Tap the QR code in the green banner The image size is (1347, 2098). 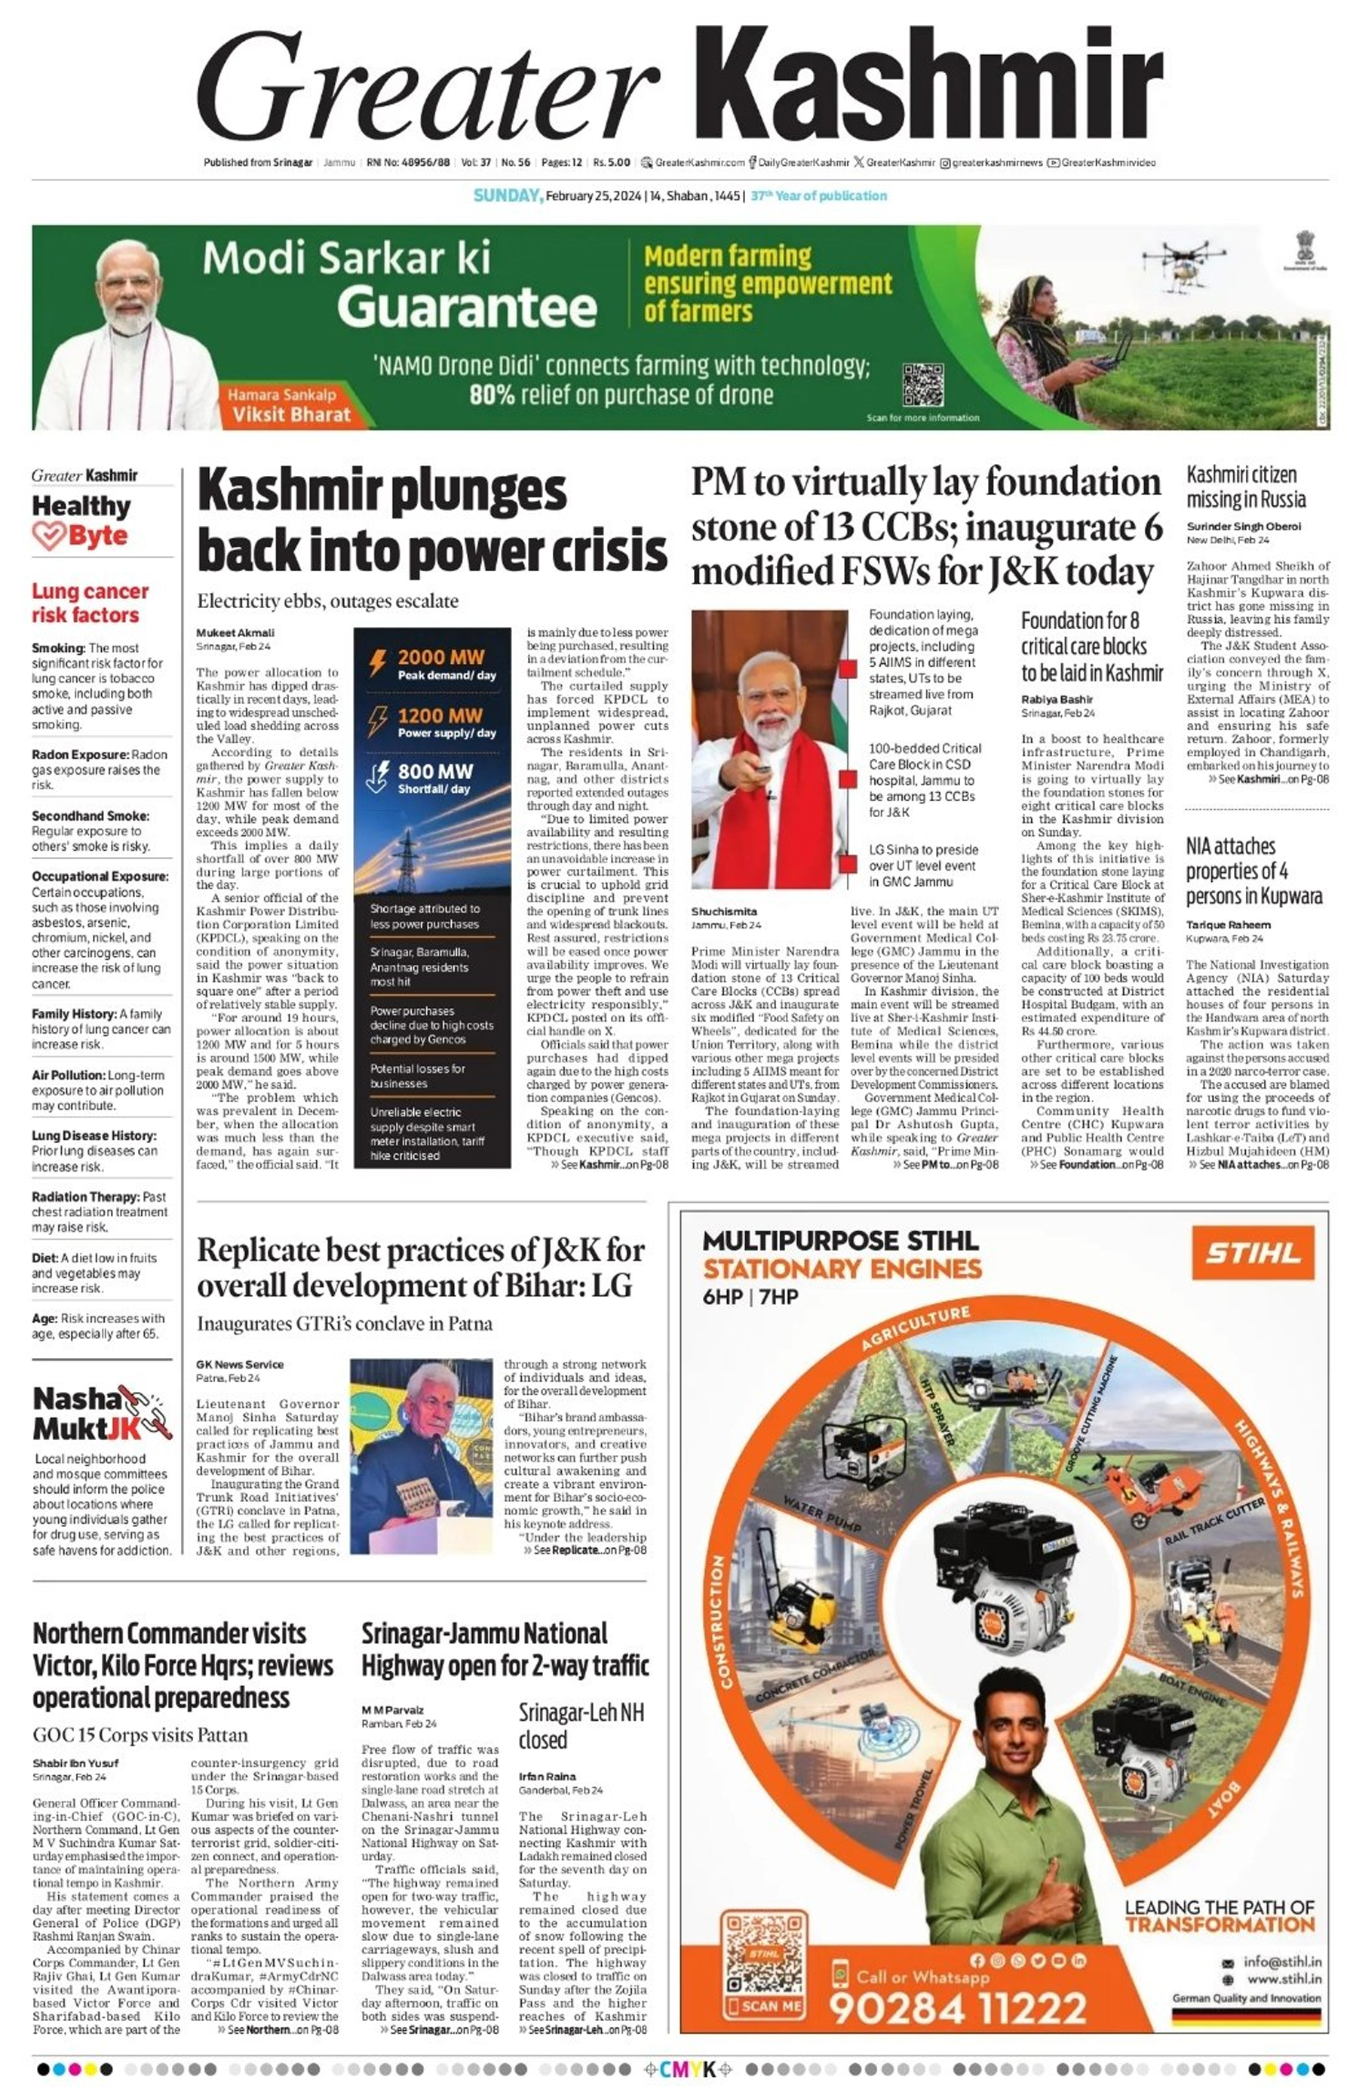pos(923,384)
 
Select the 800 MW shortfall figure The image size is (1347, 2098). pos(434,771)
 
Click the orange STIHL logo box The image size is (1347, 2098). pos(1253,1253)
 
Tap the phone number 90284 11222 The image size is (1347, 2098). pos(957,2008)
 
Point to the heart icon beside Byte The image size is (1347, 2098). pos(49,536)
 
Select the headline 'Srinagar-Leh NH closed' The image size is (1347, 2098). pos(581,1725)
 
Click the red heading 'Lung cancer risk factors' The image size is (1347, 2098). pos(89,603)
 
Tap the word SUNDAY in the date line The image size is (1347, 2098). pos(508,196)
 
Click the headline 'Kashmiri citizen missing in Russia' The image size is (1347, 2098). pos(1245,487)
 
